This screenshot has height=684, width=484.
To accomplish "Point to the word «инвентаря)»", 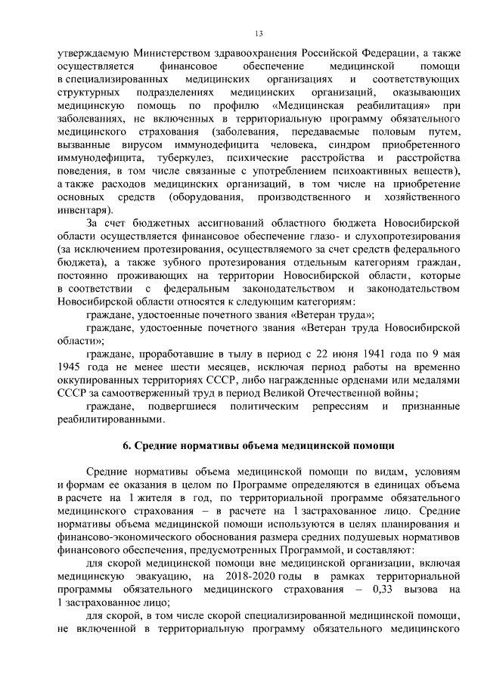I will (83, 209).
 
